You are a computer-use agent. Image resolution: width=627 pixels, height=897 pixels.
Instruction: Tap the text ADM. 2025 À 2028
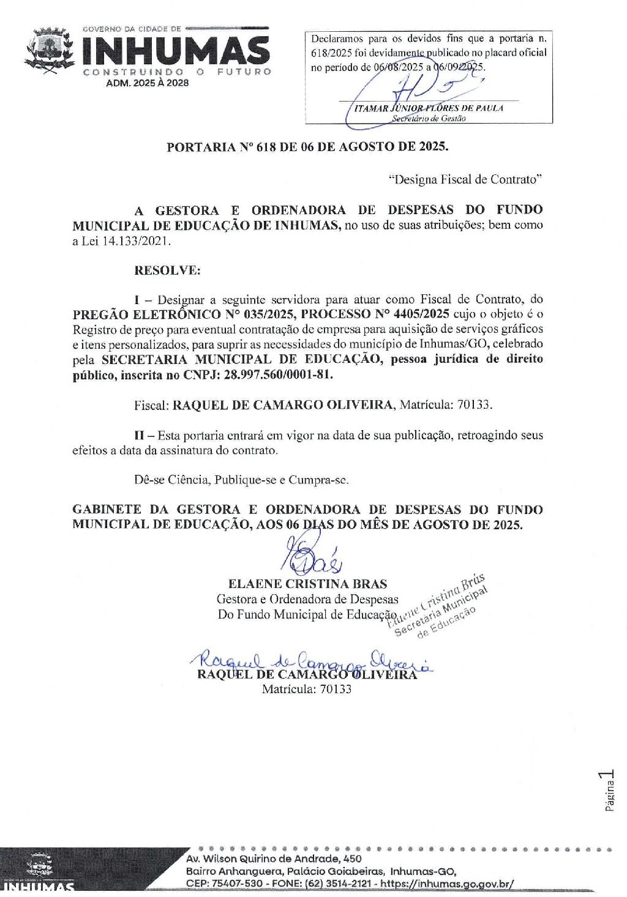tap(148, 83)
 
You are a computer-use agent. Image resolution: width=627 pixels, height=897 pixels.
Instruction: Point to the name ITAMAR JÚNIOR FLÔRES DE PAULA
tap(429, 108)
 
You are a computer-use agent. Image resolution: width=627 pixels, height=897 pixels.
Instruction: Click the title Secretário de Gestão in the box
tap(429, 119)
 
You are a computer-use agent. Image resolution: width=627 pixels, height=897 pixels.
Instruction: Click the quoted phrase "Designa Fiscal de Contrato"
tap(465, 179)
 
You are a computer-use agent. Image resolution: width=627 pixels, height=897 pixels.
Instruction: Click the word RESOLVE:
tap(167, 270)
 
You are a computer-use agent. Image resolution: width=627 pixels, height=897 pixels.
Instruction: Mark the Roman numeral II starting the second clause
tap(139, 435)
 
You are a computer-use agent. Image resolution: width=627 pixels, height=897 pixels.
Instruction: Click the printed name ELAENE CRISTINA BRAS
tap(307, 584)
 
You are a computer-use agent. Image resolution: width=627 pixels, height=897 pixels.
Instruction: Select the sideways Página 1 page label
tap(609, 792)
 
